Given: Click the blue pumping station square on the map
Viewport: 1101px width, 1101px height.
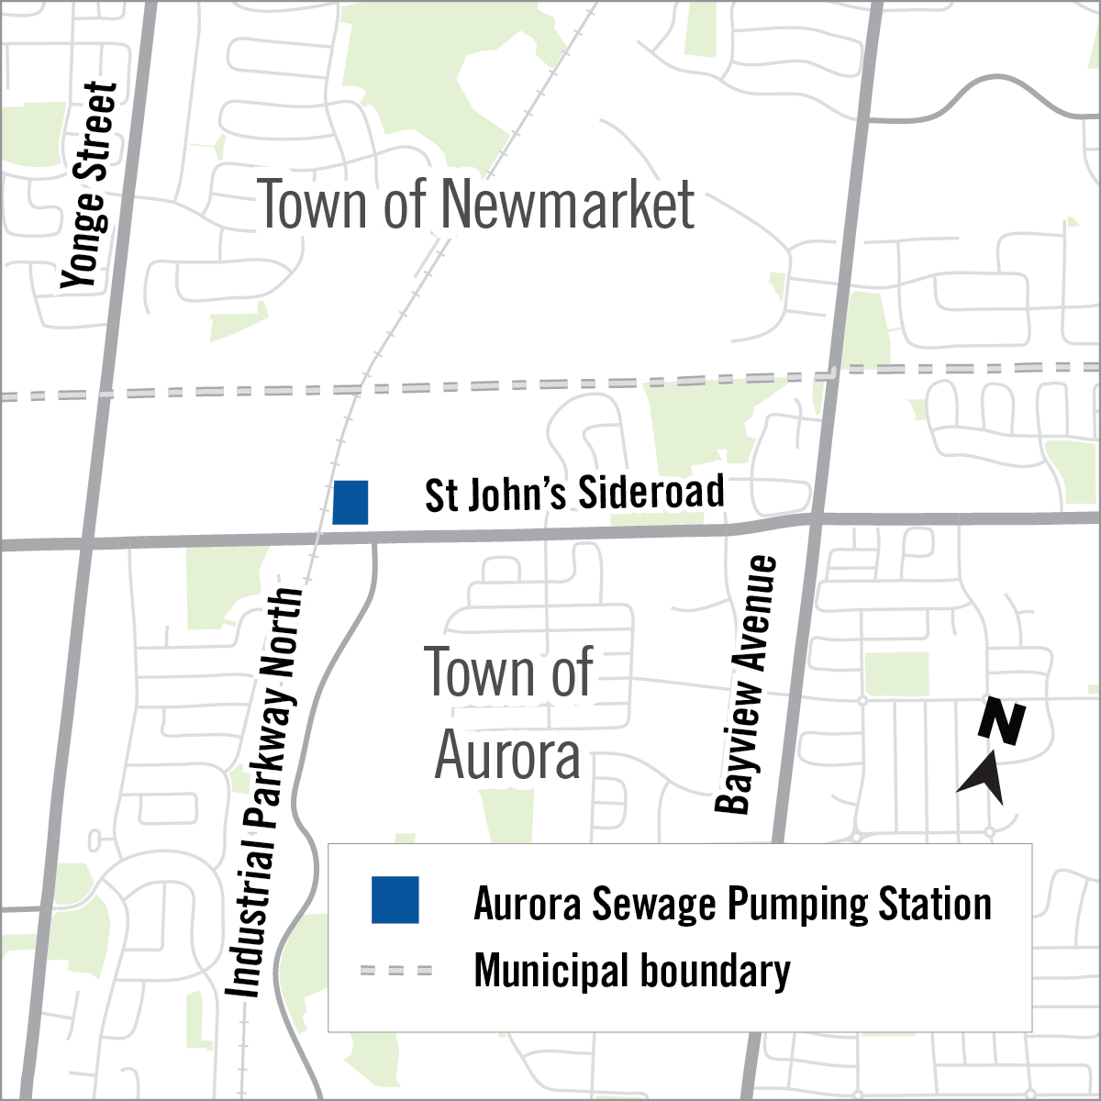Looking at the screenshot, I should (350, 502).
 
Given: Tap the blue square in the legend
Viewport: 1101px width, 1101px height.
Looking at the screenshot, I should (395, 900).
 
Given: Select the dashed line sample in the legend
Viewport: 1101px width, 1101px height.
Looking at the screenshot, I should (395, 971).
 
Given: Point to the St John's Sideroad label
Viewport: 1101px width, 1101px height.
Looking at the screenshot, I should (574, 494).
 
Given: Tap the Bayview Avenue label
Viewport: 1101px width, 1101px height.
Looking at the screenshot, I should (746, 684).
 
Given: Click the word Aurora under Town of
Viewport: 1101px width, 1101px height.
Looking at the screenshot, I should (507, 757).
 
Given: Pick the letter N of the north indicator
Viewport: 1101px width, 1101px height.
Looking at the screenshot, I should (1001, 721).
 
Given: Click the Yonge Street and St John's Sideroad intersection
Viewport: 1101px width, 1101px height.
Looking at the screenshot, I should (85, 544).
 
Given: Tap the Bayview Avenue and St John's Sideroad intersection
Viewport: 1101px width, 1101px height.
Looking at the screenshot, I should (815, 520).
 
